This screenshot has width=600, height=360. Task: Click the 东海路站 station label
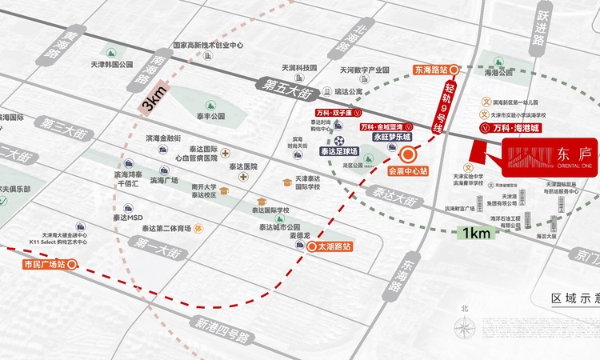tap(433, 70)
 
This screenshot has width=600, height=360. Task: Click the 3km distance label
tap(153, 102)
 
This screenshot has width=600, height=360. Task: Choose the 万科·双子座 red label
tap(334, 114)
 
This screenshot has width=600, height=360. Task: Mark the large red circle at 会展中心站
tap(409, 153)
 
